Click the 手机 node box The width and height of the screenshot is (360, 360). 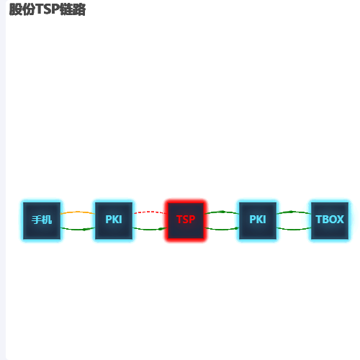(x=42, y=220)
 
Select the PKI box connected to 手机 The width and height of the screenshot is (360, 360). (x=114, y=220)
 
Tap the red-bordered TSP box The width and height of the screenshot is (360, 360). (x=186, y=220)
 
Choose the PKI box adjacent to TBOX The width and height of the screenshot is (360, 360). (x=258, y=220)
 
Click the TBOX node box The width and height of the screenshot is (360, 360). (x=330, y=220)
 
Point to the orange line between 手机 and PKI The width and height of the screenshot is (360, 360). (x=78, y=212)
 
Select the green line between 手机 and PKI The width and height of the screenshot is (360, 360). (x=78, y=230)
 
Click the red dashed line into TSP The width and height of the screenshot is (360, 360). (x=150, y=212)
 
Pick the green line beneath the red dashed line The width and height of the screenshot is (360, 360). (x=150, y=230)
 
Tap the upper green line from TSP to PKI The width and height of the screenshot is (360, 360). (x=222, y=212)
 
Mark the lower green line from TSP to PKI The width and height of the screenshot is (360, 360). (x=222, y=230)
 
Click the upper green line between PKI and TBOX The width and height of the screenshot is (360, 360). (x=294, y=212)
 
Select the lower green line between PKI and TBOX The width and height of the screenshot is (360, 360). (x=294, y=230)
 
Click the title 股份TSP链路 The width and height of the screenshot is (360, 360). (x=48, y=9)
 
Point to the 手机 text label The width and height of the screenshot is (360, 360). (x=42, y=220)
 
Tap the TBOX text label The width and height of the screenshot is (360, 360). (x=330, y=220)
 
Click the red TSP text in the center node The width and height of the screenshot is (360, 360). (x=186, y=220)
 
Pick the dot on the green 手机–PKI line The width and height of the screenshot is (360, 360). (x=84, y=230)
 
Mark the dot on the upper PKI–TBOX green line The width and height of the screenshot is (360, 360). (x=291, y=212)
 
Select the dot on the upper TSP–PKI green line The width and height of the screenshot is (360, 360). (x=223, y=212)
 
